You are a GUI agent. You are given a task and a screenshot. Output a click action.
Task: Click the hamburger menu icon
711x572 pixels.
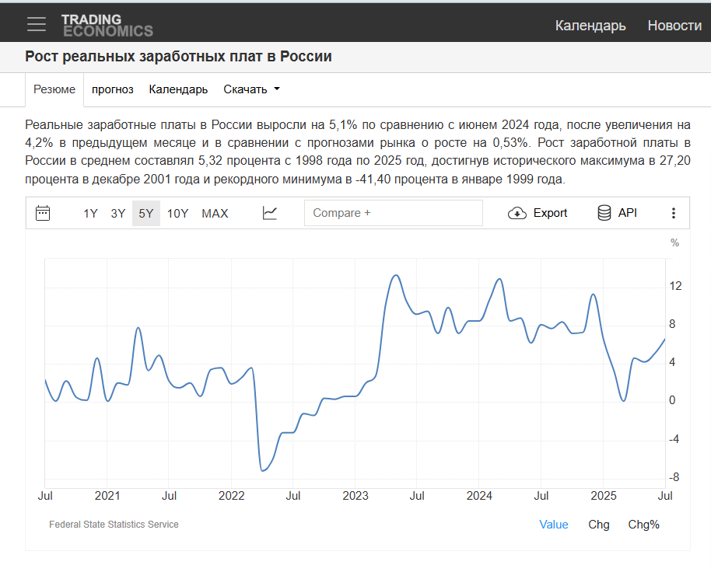coord(37,24)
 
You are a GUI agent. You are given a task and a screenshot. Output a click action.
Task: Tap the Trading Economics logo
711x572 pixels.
coord(107,25)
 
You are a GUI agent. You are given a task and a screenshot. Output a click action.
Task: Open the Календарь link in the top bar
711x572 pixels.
coord(590,26)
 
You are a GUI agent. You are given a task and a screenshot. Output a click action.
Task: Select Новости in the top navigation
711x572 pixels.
coord(674,26)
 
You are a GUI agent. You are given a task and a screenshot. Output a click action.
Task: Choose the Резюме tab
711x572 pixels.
coord(54,89)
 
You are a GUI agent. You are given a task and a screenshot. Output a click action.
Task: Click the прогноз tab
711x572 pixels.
coord(113,89)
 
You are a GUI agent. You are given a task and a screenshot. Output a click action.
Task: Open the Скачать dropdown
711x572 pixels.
coord(251,89)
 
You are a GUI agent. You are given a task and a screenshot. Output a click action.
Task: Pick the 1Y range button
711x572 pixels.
coord(91,213)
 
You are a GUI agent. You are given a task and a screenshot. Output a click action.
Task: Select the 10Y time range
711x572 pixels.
coord(177,213)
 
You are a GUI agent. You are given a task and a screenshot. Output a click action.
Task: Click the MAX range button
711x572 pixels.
coord(215,213)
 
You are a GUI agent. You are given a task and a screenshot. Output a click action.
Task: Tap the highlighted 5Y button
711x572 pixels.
coord(146,213)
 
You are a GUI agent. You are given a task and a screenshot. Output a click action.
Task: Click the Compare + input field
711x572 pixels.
coord(393,213)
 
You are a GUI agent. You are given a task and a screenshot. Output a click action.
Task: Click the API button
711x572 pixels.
coord(617,213)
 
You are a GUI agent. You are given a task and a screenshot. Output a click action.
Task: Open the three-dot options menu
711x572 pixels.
coord(674,213)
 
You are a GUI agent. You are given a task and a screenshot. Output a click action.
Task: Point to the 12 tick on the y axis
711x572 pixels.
coord(675,287)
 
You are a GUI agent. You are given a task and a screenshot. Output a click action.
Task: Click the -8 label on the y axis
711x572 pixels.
coord(674,477)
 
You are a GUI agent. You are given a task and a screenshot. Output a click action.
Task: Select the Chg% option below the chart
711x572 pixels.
coord(643,525)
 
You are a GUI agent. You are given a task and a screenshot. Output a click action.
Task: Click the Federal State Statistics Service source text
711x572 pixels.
coord(114,525)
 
